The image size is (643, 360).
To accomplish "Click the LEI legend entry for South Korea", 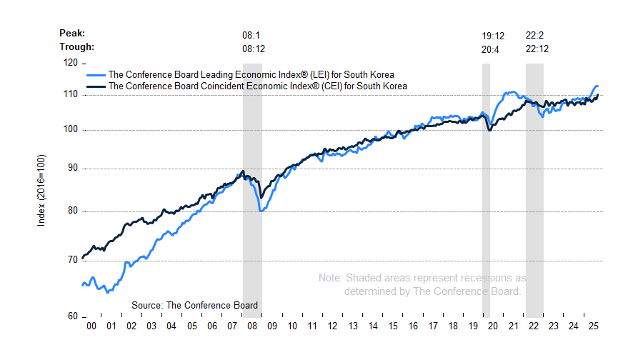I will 250,74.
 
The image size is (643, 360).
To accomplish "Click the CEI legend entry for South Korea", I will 256,86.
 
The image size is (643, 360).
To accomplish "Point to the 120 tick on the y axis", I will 71,63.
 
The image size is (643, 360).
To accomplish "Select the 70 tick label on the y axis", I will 71,260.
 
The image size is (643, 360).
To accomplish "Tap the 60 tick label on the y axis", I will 71,316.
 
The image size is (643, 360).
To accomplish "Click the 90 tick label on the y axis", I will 71,169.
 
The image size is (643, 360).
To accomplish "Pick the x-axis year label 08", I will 252,326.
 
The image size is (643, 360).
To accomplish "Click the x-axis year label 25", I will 592,326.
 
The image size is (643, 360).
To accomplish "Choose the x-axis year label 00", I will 91,326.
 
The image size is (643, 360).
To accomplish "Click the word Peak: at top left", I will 73,33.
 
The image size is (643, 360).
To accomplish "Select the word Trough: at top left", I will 76,47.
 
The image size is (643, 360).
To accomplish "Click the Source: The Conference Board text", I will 194,305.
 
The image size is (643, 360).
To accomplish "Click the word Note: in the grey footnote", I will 330,277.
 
